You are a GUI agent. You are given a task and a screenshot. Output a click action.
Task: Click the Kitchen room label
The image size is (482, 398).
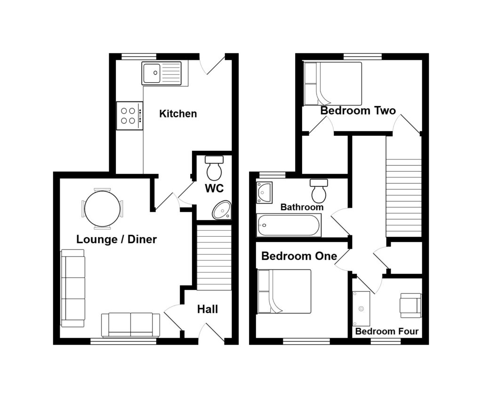pyautogui.click(x=178, y=114)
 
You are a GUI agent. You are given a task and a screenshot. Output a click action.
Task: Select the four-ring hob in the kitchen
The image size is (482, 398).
pyautogui.click(x=129, y=116)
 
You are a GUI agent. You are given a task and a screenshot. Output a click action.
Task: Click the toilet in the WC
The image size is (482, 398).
pyautogui.click(x=215, y=168)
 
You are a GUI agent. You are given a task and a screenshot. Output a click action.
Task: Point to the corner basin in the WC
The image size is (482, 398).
pyautogui.click(x=222, y=210)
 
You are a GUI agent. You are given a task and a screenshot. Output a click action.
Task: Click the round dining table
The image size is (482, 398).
pyautogui.click(x=102, y=208)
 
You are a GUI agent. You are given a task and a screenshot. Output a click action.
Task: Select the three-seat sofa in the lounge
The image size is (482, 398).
pyautogui.click(x=73, y=288)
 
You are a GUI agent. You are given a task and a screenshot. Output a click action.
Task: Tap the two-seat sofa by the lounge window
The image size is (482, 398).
pyautogui.click(x=130, y=324)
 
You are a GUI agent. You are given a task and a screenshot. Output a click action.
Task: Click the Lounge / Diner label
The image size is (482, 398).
pyautogui.click(x=116, y=240)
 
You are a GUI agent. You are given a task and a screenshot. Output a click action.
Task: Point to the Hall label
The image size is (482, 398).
pyautogui.click(x=208, y=309)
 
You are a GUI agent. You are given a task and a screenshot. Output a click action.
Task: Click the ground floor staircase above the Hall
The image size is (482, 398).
pyautogui.click(x=214, y=257)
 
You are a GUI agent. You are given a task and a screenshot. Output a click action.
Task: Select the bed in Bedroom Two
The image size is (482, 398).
pyautogui.click(x=333, y=83)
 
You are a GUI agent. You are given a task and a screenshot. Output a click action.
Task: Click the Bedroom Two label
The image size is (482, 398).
pyautogui.click(x=358, y=111)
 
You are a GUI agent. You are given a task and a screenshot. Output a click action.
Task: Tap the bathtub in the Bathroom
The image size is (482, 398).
pyautogui.click(x=289, y=225)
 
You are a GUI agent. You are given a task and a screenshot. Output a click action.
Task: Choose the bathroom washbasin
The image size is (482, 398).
pyautogui.click(x=265, y=192)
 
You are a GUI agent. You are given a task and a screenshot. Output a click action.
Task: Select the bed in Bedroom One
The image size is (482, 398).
pyautogui.click(x=284, y=291)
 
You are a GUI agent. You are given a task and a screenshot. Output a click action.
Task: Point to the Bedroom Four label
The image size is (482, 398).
pyautogui.click(x=386, y=332)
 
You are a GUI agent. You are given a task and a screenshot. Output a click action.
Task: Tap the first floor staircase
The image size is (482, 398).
pyautogui.click(x=403, y=197)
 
